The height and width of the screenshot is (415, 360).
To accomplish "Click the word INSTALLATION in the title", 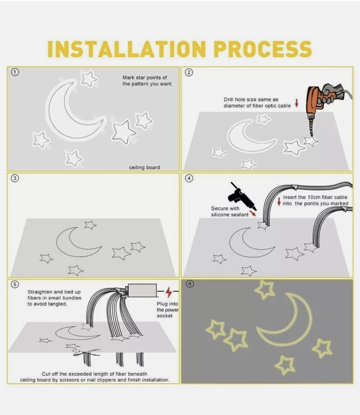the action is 127,49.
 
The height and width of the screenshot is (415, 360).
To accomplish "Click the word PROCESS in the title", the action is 263,49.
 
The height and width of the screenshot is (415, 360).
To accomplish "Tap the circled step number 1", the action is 15,72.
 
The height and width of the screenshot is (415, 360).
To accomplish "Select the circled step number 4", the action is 189,178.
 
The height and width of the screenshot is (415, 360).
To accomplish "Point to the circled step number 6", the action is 190,284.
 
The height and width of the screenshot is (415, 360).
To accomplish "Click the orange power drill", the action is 327,103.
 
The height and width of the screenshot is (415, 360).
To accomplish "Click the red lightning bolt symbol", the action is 168,292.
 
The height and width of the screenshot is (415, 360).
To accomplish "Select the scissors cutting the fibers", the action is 86,353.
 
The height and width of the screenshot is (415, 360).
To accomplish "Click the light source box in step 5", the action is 142,290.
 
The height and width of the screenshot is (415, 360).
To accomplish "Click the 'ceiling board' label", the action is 144,168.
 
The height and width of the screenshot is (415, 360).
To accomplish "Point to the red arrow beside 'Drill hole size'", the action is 297,103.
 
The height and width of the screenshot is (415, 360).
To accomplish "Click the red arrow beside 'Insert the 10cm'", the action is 279,201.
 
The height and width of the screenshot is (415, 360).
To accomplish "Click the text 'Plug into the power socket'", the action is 168,310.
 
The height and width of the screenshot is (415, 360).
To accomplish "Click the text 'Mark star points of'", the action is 144,77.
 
